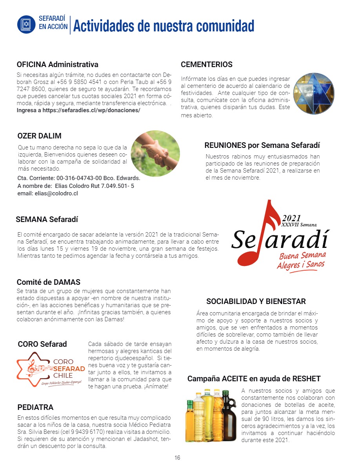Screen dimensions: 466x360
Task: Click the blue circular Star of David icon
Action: [26, 24]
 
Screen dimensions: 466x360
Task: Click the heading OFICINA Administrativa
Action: [57, 64]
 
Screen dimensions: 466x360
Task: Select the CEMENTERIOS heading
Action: [206, 64]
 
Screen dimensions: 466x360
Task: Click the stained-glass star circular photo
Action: [313, 93]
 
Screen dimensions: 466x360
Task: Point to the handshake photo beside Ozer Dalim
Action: [155, 153]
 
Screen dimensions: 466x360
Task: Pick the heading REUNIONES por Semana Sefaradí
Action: [262, 145]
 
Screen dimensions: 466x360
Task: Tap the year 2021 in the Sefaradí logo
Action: [291, 218]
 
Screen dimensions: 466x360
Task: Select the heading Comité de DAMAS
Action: [48, 282]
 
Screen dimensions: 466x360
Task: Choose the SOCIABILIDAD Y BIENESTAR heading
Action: [256, 302]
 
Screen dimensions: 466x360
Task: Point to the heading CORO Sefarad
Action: [42, 344]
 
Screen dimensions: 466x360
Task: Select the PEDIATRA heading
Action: [35, 407]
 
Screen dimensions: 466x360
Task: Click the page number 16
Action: [177, 458]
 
